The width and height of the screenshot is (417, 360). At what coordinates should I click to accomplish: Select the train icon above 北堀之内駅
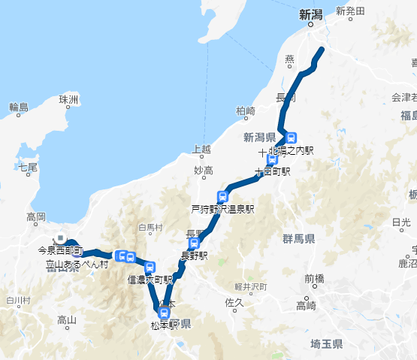coord(292,138)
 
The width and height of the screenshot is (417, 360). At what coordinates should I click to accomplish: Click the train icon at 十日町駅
coord(271,159)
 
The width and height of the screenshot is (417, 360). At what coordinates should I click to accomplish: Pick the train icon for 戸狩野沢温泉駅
coord(222,197)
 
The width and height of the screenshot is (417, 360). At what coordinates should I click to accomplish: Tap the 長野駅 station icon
coord(194,243)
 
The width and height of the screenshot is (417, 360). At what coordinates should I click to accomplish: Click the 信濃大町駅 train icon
coord(150,267)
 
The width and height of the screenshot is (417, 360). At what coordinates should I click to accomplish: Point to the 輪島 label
coord(19,107)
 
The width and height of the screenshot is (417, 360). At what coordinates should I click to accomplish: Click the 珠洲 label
coord(68,99)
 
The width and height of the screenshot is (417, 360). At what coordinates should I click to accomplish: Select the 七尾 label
coord(28,167)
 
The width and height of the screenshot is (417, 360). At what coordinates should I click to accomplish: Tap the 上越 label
coord(202,148)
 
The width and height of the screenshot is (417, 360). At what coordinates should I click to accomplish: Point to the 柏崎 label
coord(246,110)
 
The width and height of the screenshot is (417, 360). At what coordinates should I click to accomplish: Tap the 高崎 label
coord(306,305)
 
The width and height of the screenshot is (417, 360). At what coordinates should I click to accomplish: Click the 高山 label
coord(67,320)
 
